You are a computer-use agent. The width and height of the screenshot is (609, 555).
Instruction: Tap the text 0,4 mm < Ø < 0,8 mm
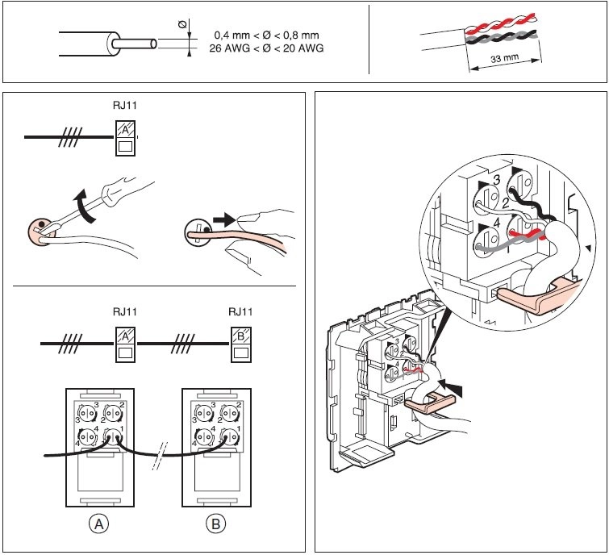(266, 35)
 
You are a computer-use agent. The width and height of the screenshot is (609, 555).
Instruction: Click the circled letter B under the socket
(216, 524)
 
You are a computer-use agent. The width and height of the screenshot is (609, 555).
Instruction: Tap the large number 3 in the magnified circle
(497, 178)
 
